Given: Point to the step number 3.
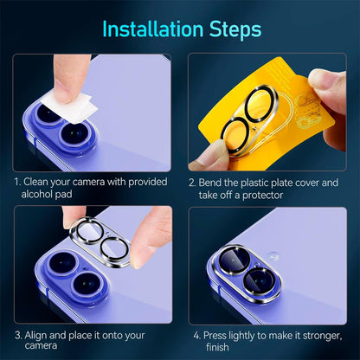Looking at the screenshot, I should click(x=17, y=332).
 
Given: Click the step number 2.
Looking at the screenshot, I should click(x=192, y=183).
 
